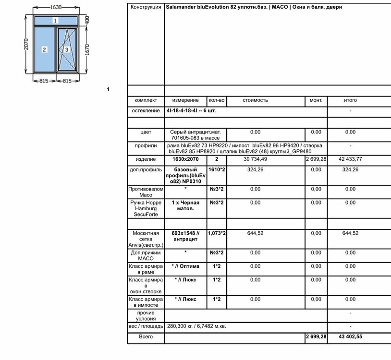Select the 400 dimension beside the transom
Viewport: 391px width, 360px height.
click(x=87, y=20)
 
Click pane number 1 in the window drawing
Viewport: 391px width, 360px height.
click(x=55, y=21)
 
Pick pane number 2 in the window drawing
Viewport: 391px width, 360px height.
click(x=44, y=49)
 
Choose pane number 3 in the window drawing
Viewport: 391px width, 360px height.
click(x=67, y=49)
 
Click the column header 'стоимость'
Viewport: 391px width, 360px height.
click(x=255, y=100)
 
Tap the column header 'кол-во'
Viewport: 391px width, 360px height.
click(x=216, y=100)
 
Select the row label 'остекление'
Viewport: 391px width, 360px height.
click(x=146, y=110)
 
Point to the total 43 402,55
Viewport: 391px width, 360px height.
click(x=350, y=337)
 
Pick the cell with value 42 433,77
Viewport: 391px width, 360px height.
click(x=350, y=159)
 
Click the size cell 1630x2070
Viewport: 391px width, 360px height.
click(x=185, y=159)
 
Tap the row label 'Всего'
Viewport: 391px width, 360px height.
click(x=146, y=337)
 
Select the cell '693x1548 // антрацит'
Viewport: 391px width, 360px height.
click(x=185, y=236)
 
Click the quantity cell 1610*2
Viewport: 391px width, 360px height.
click(x=216, y=169)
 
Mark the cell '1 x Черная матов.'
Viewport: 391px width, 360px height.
click(x=185, y=205)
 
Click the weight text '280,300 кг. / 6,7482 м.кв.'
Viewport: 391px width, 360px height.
click(x=196, y=326)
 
